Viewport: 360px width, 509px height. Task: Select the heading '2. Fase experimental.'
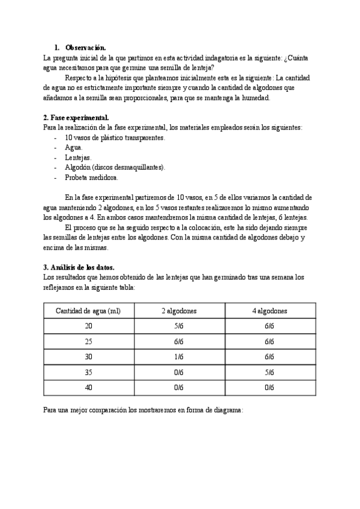click(76, 117)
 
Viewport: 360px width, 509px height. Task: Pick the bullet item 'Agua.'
click(74, 147)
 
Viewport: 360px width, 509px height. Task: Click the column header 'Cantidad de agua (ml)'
click(88, 311)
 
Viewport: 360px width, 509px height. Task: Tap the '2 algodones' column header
click(179, 311)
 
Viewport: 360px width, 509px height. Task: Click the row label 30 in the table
click(89, 357)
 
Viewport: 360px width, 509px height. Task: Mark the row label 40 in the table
click(89, 388)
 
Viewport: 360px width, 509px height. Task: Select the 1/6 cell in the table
click(179, 357)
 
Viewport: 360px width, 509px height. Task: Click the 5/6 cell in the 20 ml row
click(179, 327)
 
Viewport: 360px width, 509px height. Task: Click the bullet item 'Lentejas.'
click(78, 157)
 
